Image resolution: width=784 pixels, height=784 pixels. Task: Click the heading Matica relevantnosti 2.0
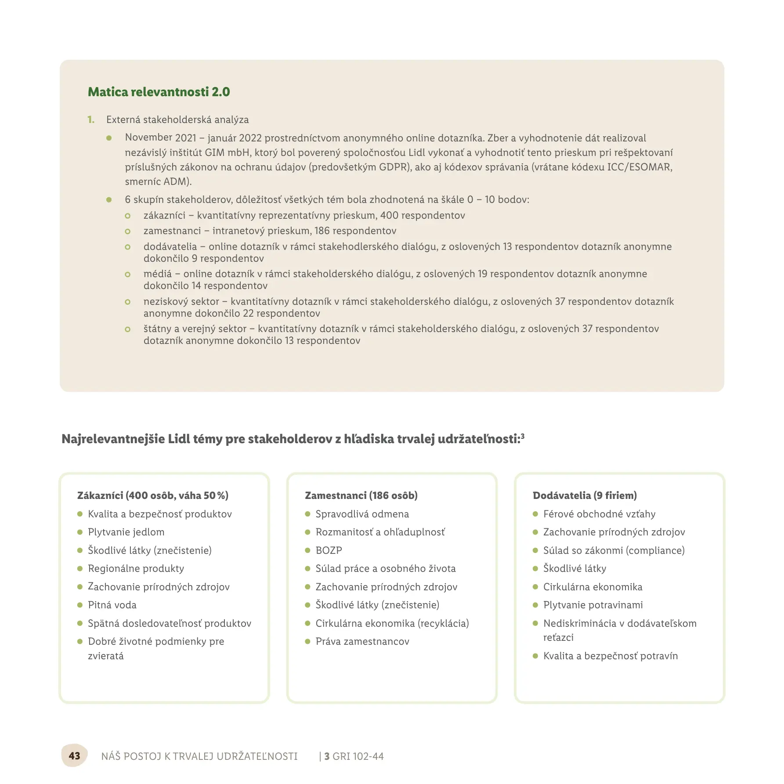click(x=159, y=92)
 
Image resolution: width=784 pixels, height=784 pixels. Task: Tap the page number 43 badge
click(x=74, y=755)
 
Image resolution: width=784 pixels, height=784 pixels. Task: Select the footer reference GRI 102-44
click(x=358, y=756)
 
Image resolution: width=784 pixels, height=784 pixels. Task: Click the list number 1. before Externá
click(x=91, y=119)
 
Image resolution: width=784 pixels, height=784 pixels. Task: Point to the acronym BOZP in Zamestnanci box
click(x=329, y=550)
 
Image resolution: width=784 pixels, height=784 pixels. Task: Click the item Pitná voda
click(x=112, y=605)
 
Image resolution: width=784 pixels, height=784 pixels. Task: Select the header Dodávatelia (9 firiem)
click(x=585, y=495)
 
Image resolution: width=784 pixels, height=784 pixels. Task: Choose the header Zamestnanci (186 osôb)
click(x=361, y=495)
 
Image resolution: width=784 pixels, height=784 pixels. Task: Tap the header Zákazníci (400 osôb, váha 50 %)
click(x=153, y=495)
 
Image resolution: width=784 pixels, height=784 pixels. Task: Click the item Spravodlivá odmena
click(x=362, y=514)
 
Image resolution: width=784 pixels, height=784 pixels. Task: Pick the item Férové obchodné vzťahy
click(x=599, y=514)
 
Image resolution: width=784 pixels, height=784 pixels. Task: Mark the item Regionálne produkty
click(x=136, y=568)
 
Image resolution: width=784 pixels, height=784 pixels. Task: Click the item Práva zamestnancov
click(x=362, y=641)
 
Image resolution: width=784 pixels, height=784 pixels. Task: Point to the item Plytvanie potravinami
click(x=593, y=605)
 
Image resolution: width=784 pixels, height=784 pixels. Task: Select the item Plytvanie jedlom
click(x=126, y=532)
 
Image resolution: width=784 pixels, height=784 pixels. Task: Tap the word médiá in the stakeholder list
click(x=158, y=274)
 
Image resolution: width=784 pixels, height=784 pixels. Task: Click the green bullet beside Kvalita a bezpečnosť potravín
click(x=535, y=656)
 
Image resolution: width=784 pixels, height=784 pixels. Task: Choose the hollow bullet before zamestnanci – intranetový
click(x=128, y=231)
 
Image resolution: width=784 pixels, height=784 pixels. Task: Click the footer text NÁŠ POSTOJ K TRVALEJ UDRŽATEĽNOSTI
click(x=199, y=756)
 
